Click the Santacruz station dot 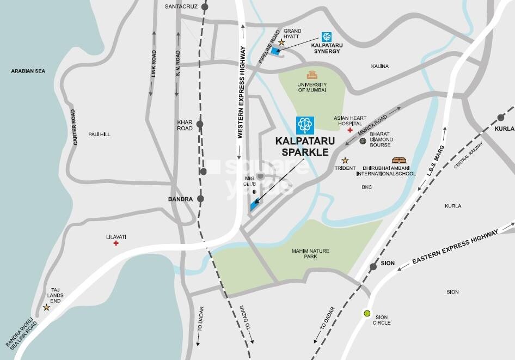click(x=205, y=7)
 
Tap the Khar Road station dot click(x=200, y=124)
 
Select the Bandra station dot click(x=200, y=199)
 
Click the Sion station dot click(x=373, y=267)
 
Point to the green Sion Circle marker click(x=367, y=314)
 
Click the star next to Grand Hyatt click(x=281, y=42)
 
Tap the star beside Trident click(x=345, y=160)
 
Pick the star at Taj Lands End click(x=46, y=307)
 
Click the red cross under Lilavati click(x=116, y=243)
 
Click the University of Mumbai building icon click(x=311, y=75)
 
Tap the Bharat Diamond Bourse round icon click(x=363, y=141)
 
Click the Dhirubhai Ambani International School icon click(x=399, y=160)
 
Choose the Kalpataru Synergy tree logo click(x=326, y=37)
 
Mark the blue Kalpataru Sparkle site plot click(x=253, y=206)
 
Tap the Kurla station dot click(x=500, y=117)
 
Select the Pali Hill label click(x=99, y=134)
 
